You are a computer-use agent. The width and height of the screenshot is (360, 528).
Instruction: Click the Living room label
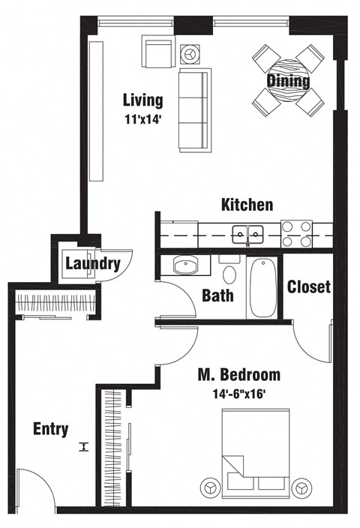coord(142,100)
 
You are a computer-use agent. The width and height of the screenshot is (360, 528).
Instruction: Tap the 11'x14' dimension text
coord(142,117)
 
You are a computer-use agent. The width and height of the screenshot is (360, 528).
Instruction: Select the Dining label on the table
coord(288,80)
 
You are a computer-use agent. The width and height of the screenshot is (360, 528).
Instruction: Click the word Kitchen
coord(247,205)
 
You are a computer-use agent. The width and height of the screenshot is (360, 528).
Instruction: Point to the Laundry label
coord(92,264)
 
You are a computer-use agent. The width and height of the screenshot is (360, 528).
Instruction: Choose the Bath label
coord(217,295)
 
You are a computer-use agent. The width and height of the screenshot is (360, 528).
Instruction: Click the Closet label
coord(308,287)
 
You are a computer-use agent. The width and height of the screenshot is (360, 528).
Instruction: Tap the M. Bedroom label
coord(238,374)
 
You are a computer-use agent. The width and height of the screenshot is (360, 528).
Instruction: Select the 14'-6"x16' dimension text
coord(238,391)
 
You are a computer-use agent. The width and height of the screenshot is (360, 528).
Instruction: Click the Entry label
coord(51,430)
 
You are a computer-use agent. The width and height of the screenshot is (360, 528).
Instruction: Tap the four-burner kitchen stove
coord(297,233)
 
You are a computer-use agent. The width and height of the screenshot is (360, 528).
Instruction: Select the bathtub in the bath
coord(262,288)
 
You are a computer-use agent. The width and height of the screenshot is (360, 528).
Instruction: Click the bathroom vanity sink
coord(184,265)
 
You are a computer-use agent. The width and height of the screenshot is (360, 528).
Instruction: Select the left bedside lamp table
coord(209,487)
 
